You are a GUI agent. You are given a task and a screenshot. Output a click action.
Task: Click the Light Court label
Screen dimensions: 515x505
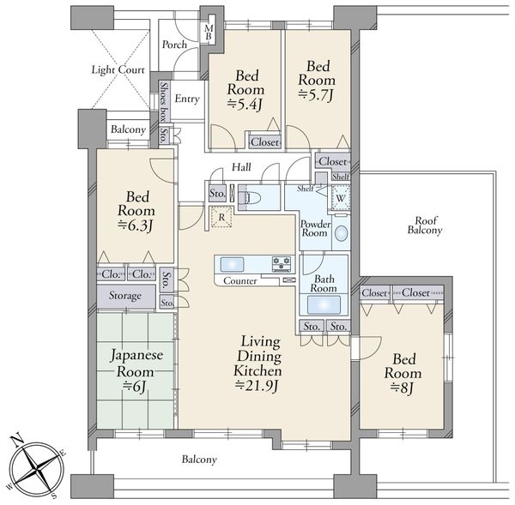coord(118,70)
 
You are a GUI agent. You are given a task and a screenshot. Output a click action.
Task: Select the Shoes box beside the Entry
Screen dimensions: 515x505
coord(164,101)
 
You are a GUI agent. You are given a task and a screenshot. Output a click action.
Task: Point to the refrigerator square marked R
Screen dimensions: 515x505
coord(221,217)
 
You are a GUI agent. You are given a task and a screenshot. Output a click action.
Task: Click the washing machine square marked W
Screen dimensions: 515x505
coord(341,198)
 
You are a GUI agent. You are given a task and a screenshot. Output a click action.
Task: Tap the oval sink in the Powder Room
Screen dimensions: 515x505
coord(342,233)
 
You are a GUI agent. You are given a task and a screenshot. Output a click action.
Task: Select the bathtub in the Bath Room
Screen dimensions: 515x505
coord(324,305)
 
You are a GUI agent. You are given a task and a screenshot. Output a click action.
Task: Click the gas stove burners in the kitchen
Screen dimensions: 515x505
coord(282,264)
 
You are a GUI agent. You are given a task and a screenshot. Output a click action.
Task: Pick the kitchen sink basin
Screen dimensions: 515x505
coord(233,264)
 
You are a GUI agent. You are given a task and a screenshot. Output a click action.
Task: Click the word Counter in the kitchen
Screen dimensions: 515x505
coord(240,281)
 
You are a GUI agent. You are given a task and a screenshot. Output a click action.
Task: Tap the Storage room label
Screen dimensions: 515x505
coord(125,296)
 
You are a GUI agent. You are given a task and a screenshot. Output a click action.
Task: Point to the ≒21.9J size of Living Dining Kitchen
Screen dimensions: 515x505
coord(257,386)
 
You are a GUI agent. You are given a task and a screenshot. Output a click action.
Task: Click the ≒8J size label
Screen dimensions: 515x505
coord(402,388)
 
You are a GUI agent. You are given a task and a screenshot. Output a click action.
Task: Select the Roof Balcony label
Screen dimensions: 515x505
coord(425,225)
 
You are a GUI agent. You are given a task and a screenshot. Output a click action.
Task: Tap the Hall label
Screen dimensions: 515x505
coord(241,167)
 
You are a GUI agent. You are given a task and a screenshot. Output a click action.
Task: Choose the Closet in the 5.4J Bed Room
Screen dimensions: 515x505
coord(264,142)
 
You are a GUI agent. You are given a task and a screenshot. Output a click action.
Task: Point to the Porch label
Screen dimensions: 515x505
coord(174,45)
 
